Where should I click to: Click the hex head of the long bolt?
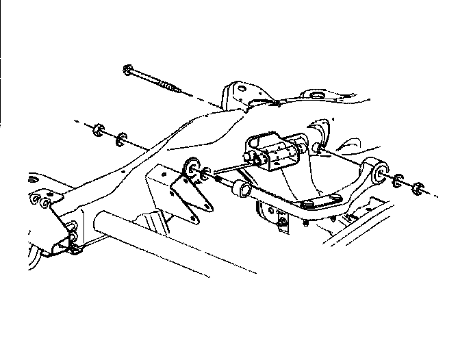129,69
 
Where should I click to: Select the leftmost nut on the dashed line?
98,130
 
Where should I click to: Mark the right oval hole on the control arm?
335,197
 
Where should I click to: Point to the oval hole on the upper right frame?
317,94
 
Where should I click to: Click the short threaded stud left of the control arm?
218,179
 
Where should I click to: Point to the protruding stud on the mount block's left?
254,159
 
